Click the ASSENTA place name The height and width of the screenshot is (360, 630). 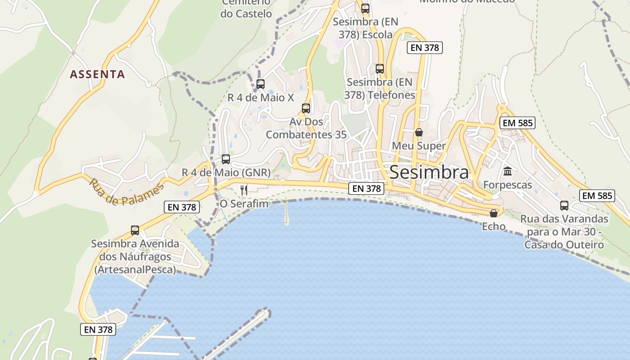[x=97, y=74]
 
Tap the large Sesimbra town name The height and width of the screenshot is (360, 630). [x=429, y=172]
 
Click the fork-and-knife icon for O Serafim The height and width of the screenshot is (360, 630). [x=244, y=190]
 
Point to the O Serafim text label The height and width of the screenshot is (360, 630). [x=244, y=204]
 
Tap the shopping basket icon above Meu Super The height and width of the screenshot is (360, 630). [x=419, y=132]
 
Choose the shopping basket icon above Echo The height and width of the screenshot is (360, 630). [x=494, y=213]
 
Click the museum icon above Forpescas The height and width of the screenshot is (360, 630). [x=508, y=171]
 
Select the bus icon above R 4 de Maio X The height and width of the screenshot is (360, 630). [x=260, y=84]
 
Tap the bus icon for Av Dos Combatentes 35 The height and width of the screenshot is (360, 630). [x=306, y=108]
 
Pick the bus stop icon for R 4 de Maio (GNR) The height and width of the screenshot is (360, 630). [x=226, y=159]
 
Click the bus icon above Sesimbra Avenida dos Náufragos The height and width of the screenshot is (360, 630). [x=135, y=230]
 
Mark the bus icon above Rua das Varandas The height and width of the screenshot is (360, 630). [x=564, y=206]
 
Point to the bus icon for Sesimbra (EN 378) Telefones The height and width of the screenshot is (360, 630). [x=380, y=69]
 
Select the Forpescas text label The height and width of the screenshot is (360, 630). [x=508, y=185]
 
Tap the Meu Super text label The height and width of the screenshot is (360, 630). [x=418, y=146]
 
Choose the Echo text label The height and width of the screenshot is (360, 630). [x=494, y=226]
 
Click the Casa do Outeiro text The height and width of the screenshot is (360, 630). [x=564, y=245]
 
